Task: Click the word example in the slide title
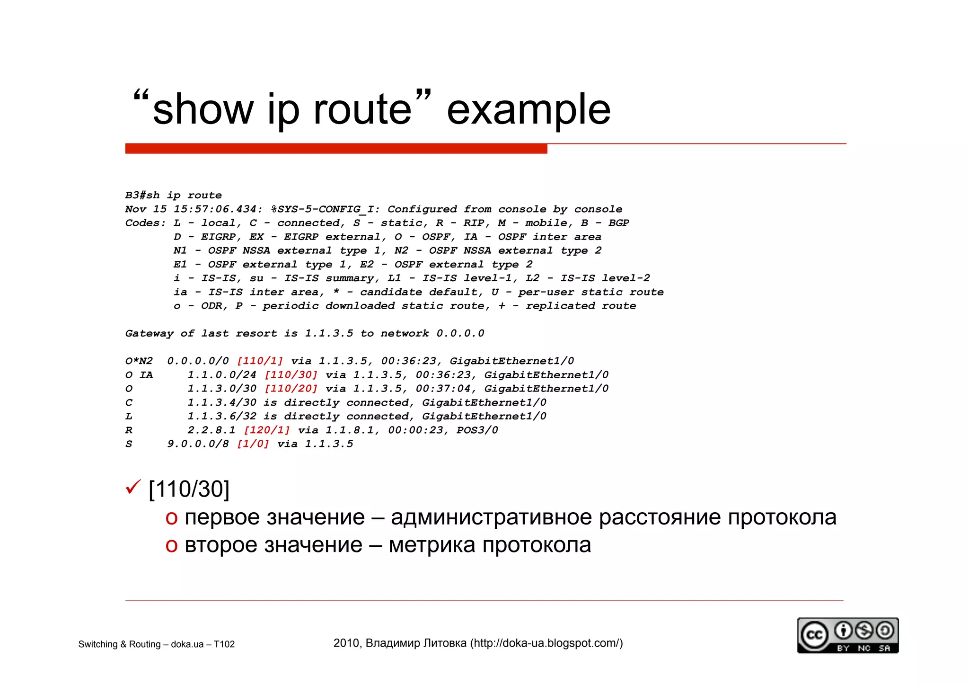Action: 529,110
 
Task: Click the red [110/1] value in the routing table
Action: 260,361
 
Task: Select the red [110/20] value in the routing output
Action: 291,389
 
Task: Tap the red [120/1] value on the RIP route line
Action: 267,430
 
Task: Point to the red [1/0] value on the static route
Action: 253,444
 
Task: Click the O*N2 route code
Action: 139,361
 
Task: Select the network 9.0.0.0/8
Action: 198,444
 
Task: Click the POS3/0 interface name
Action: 477,430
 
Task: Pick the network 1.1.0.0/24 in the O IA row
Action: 222,375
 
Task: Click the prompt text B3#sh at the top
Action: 142,196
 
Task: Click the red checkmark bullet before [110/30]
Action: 133,487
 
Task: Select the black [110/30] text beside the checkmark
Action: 189,489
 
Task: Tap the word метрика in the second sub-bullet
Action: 432,545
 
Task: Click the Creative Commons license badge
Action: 847,635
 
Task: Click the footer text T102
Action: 224,644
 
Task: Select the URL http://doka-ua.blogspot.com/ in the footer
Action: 546,643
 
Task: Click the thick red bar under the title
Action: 336,149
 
